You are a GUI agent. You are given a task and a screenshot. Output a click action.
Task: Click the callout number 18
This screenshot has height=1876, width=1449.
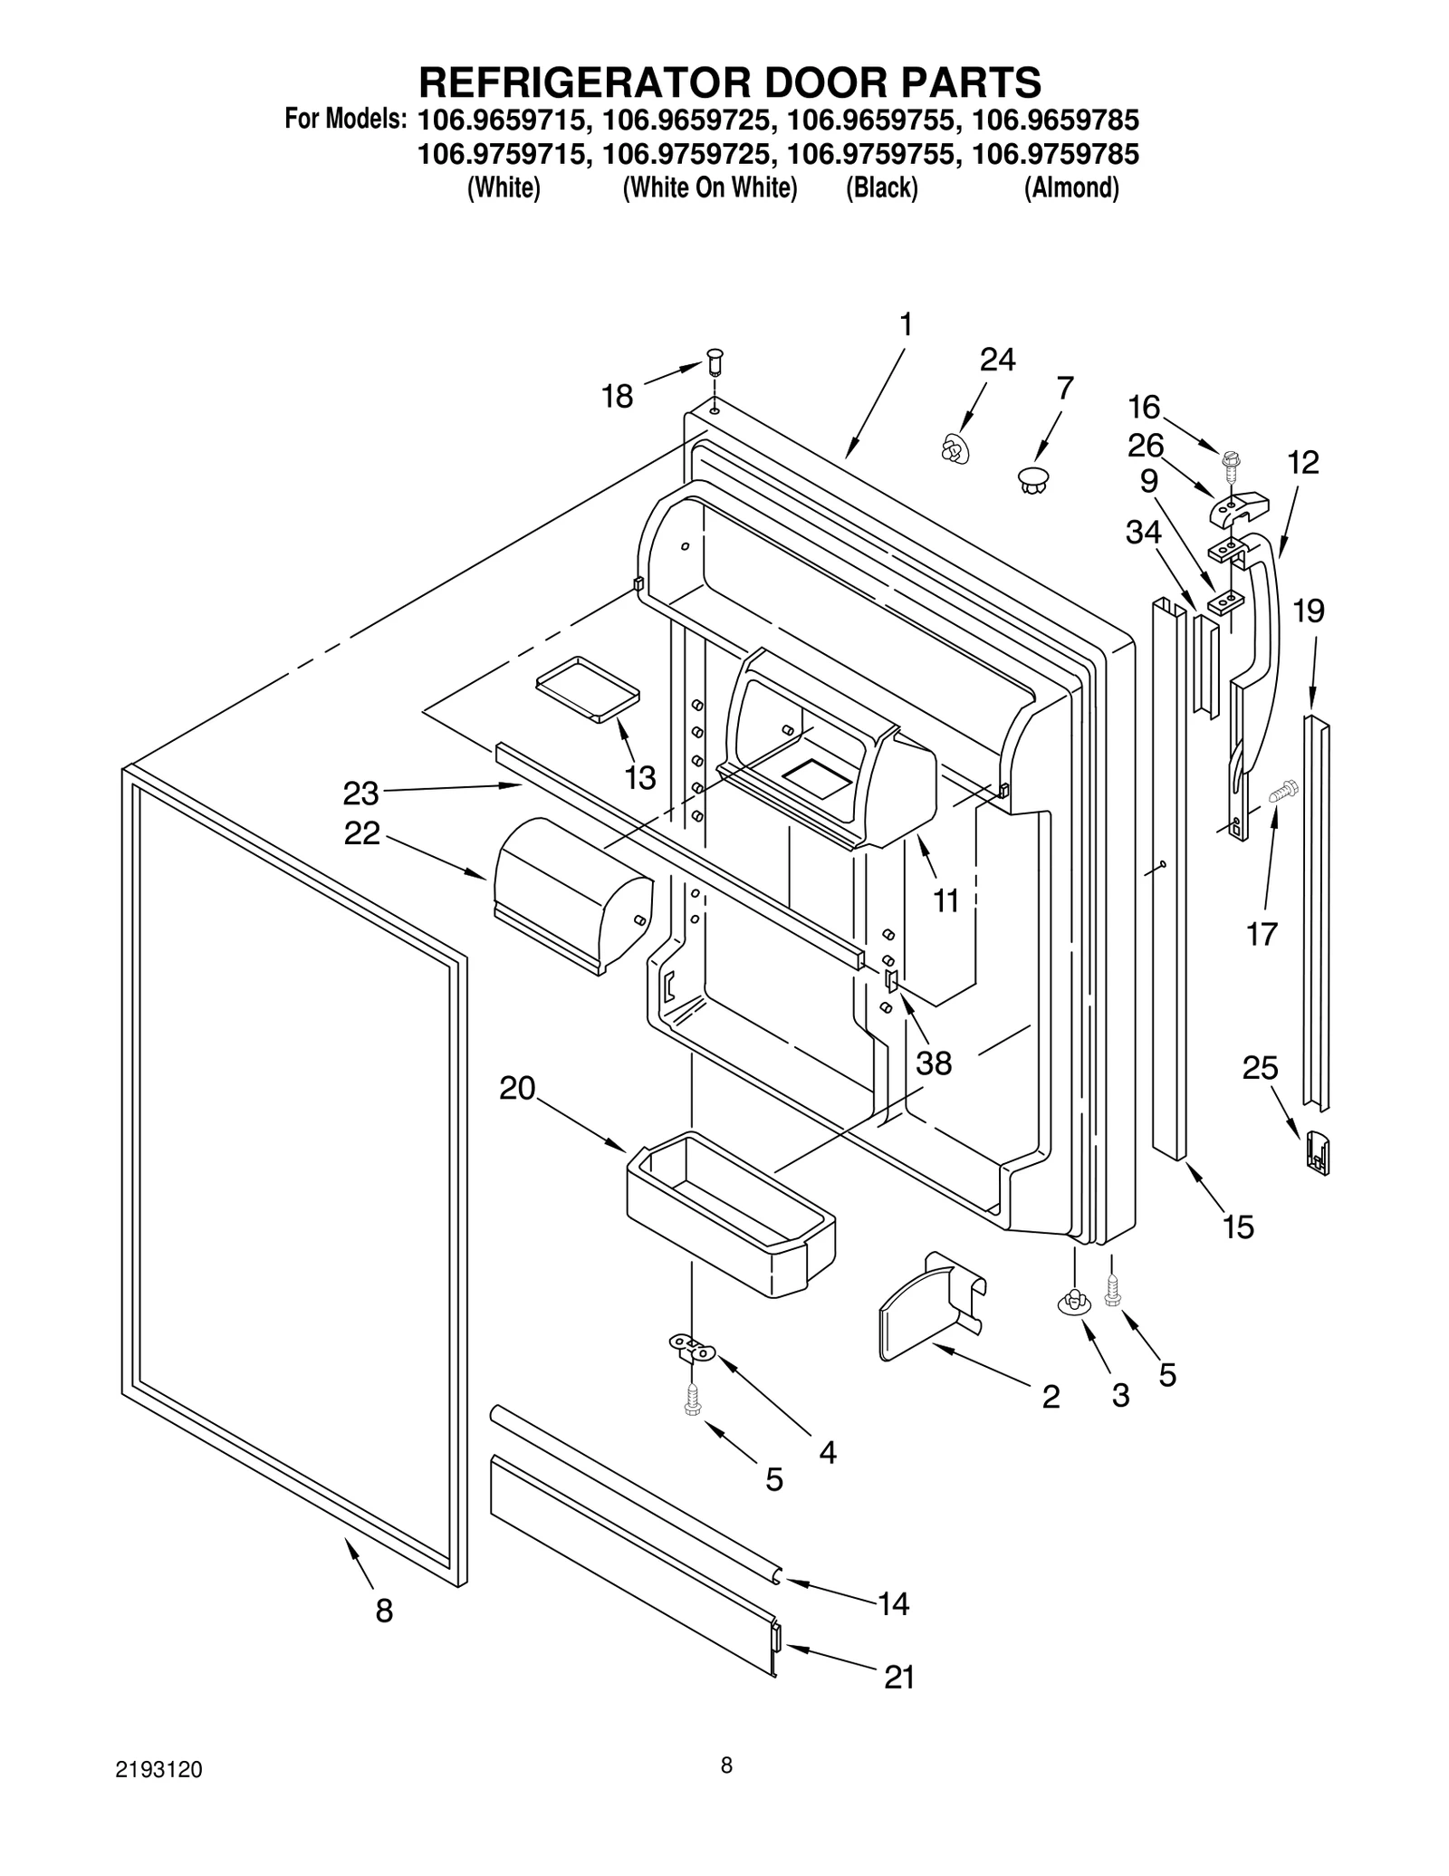pyautogui.click(x=618, y=396)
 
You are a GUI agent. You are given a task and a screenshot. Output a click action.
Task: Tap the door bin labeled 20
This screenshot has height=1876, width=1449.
pyautogui.click(x=729, y=1213)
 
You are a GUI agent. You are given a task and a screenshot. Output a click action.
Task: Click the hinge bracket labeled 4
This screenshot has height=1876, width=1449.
pyautogui.click(x=691, y=1347)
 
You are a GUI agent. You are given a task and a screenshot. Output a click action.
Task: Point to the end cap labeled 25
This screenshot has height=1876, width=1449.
pyautogui.click(x=1318, y=1151)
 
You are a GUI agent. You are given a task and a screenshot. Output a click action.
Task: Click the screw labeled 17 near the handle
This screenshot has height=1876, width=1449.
pyautogui.click(x=1283, y=793)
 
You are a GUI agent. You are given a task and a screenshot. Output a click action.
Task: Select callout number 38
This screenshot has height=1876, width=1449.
pyautogui.click(x=934, y=1063)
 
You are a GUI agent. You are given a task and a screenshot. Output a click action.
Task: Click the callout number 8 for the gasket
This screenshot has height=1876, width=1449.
pyautogui.click(x=384, y=1610)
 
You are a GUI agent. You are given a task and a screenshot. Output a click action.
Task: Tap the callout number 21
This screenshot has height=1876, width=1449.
pyautogui.click(x=898, y=1677)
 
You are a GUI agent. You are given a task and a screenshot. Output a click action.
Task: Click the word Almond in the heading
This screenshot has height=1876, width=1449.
pyautogui.click(x=1071, y=188)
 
